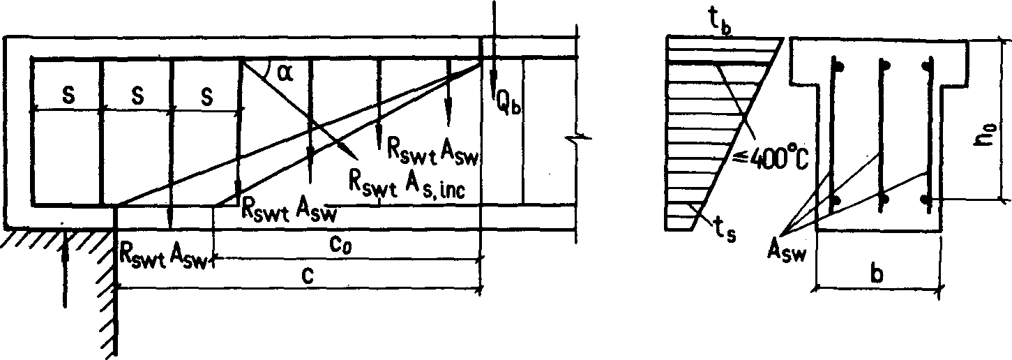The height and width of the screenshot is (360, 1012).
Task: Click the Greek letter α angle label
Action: click(285, 74)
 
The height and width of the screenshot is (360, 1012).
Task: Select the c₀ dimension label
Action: click(339, 246)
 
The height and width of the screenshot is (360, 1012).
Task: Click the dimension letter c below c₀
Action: click(307, 275)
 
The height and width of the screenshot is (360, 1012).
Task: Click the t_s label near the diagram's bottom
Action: click(725, 230)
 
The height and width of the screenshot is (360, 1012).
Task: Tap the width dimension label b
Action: click(877, 273)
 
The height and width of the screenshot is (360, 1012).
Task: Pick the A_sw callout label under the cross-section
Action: click(787, 254)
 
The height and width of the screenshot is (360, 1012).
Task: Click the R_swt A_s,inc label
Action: click(407, 185)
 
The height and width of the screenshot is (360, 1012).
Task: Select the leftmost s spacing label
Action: click(68, 96)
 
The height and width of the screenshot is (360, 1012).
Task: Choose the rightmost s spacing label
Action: click(207, 97)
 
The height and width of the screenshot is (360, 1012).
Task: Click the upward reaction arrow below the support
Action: click(65, 269)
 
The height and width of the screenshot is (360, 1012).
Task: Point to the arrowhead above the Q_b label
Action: click(494, 77)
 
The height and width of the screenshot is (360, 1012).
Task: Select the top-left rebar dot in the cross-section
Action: click(839, 66)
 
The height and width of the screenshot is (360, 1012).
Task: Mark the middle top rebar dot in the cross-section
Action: click(886, 65)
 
